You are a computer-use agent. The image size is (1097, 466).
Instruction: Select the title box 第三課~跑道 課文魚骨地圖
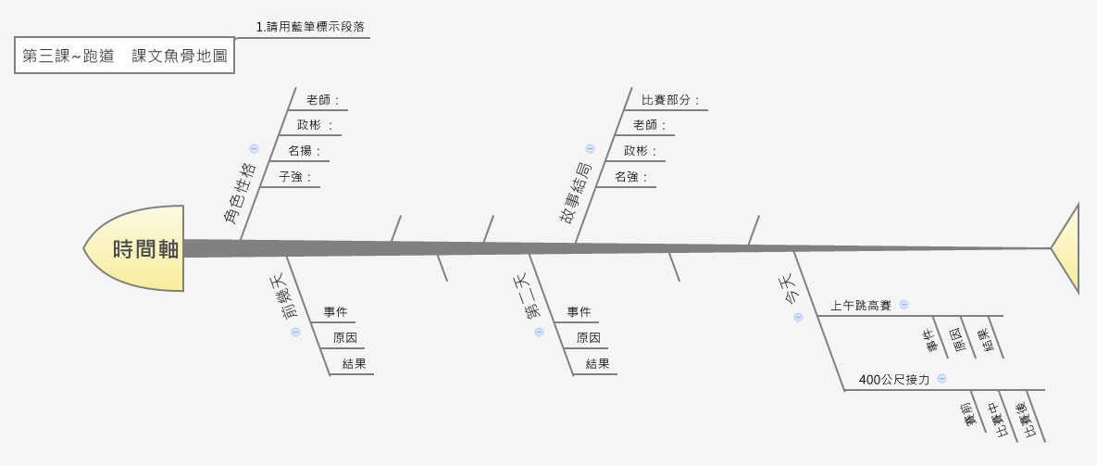pos(124,56)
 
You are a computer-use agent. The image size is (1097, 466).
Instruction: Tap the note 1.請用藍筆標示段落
pos(303,27)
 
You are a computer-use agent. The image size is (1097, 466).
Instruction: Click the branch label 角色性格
pos(240,194)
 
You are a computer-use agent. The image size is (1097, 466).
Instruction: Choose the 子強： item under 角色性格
pos(295,176)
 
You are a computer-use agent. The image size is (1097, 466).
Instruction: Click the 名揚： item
pos(305,150)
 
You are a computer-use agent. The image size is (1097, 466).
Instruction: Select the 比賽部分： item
pos(670,99)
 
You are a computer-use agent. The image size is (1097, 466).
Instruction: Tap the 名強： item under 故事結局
pos(631,176)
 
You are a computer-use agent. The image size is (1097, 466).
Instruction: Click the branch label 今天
pos(784,290)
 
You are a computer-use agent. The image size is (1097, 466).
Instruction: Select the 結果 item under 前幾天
pos(354,364)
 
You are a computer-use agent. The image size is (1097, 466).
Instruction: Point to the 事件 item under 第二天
pos(580,312)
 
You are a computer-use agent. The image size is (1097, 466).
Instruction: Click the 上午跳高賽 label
pos(860,305)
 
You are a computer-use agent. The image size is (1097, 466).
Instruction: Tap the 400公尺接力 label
pos(893,379)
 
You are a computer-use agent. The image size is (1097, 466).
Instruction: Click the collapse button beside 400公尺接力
pos(941,378)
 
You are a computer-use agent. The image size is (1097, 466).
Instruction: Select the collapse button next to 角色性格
pos(254,148)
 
